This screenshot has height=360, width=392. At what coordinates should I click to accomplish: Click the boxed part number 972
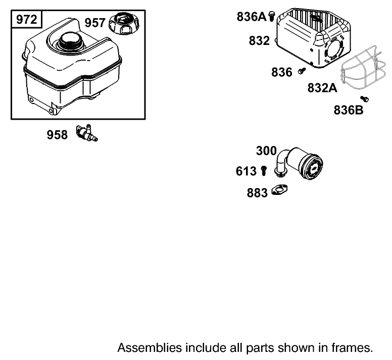coord(26,20)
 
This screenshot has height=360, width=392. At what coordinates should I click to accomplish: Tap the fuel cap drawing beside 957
coord(124,24)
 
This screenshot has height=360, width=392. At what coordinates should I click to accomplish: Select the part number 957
coord(95,23)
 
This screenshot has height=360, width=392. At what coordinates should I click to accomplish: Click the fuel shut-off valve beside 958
coord(87,133)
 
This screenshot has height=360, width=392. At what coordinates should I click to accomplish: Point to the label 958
coord(57,135)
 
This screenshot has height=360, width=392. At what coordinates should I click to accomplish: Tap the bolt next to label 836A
coord(272,16)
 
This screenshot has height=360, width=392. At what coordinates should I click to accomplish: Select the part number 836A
coord(252,17)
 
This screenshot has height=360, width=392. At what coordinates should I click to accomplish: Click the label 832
coord(259,41)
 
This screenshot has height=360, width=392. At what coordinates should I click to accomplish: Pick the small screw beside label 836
coord(302,71)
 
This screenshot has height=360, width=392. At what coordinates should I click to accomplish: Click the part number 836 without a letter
coord(282,72)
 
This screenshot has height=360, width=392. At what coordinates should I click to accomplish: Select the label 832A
coord(322,88)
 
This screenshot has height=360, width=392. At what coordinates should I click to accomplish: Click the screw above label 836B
coord(364,99)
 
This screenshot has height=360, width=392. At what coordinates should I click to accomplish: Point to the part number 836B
coord(349,110)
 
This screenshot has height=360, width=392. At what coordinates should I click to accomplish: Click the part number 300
coord(266,151)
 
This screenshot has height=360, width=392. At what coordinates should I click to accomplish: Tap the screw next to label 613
coord(264,171)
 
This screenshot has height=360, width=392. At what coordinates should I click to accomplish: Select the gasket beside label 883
coord(279,190)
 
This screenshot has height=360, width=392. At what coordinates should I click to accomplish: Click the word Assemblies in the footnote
coord(150,348)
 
